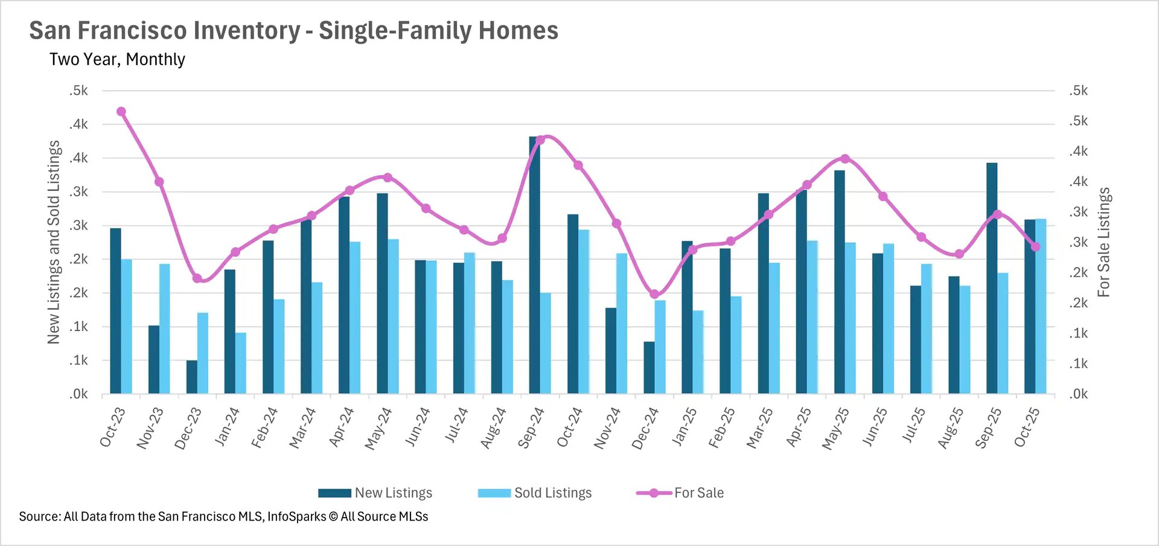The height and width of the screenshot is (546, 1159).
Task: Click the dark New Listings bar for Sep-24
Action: point(534,266)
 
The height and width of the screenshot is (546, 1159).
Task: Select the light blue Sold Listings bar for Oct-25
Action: point(1041,306)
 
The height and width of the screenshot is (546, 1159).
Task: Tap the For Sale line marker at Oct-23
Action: point(121,112)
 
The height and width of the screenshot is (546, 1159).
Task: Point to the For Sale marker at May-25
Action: point(845,159)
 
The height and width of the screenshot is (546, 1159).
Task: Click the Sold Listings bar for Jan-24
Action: point(241,363)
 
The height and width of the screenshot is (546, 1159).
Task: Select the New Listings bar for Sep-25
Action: point(992,278)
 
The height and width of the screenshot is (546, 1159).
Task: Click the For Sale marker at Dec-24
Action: point(655,294)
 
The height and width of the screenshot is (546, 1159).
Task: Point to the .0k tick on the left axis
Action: point(78,394)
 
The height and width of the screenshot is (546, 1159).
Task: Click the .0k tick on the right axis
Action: point(1078,394)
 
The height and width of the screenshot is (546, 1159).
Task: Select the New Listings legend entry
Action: point(375,493)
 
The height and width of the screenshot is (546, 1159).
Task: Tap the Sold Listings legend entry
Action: point(535,493)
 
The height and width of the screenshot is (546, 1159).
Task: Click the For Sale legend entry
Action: point(680,493)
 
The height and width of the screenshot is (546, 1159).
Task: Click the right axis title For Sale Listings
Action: point(1103,242)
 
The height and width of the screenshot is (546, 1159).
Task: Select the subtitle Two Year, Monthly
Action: point(117,59)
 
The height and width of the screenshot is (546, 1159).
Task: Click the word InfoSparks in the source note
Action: point(296,516)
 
